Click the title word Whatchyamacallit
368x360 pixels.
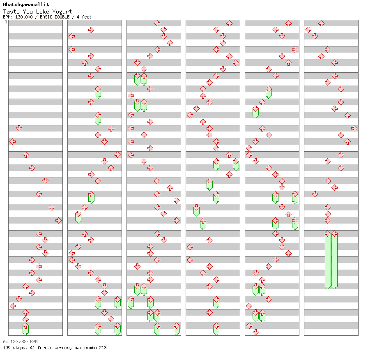click(26, 5)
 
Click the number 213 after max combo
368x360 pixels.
click(102, 348)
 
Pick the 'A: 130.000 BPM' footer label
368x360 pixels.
click(20, 342)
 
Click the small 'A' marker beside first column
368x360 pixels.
click(6, 22)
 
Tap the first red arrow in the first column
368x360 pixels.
click(19, 128)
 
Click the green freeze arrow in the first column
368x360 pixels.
click(25, 329)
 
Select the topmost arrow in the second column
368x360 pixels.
click(91, 30)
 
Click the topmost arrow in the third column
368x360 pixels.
click(157, 23)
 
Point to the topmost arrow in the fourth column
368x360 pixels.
click(229, 23)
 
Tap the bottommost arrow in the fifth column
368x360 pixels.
click(255, 332)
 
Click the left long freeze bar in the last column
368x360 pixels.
click(328, 260)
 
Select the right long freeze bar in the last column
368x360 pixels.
click(334, 260)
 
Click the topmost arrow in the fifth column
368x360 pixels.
click(288, 23)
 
